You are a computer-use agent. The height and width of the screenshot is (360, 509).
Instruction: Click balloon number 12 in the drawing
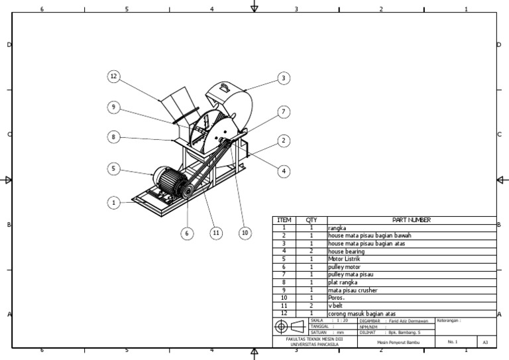click(114, 77)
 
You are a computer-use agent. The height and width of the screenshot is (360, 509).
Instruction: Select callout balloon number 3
click(283, 78)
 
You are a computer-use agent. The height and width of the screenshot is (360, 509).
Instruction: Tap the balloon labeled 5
click(114, 169)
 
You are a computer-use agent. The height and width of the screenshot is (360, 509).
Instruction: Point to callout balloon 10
click(245, 233)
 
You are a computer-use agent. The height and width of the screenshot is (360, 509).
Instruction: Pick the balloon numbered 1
click(114, 202)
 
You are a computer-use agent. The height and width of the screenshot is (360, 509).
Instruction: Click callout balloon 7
click(283, 112)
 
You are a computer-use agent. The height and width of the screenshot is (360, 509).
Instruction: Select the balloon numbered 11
click(215, 233)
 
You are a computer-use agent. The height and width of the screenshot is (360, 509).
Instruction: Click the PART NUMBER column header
click(411, 220)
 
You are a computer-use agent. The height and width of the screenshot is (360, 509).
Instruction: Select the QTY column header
click(311, 220)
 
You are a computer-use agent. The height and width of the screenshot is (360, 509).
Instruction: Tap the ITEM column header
click(284, 220)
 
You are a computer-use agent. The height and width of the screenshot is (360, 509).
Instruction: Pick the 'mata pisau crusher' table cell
click(349, 290)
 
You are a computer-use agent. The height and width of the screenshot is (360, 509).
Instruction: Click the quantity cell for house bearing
click(311, 251)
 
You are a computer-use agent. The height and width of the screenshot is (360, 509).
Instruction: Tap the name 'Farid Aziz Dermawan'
click(408, 320)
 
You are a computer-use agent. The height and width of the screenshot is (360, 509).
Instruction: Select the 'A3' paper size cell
click(485, 342)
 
